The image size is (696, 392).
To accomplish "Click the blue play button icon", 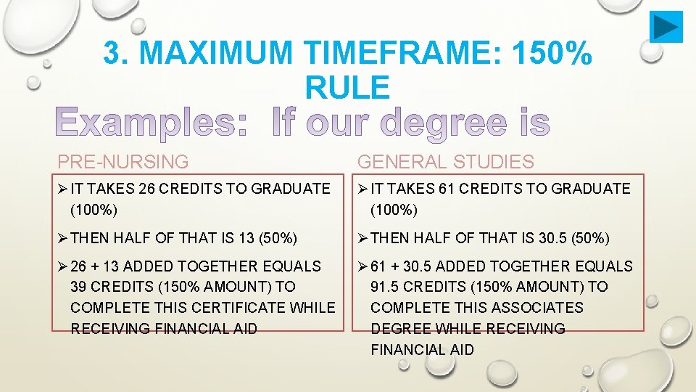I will (666, 27).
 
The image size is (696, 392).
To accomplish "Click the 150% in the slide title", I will (552, 53).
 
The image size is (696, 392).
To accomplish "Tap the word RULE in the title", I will (347, 87).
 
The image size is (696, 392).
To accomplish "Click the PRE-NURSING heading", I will (123, 162).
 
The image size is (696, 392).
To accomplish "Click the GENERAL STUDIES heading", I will (445, 162).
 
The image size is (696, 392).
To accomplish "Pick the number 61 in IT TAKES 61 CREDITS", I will (446, 189).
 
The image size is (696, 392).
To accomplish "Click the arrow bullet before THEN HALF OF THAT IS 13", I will (62, 238).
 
